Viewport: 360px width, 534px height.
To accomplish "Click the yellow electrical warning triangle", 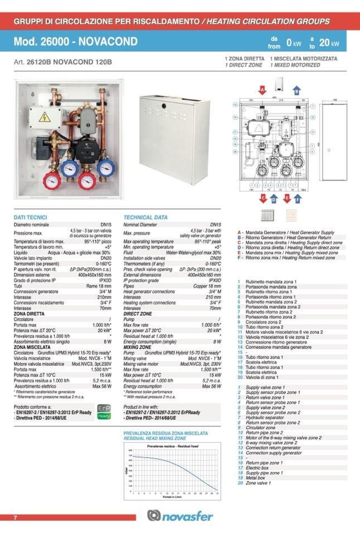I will point(43,117).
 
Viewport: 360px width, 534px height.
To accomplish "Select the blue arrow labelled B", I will point(297,90).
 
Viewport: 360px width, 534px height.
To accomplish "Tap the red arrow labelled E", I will point(286,198).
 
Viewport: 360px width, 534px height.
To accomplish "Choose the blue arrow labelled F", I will point(298,198).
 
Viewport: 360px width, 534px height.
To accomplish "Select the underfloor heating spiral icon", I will point(291,215).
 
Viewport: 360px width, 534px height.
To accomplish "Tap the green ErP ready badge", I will point(104,411).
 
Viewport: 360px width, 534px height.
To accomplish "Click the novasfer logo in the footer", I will point(180,516).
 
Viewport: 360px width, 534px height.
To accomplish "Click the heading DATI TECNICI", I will point(31,217).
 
